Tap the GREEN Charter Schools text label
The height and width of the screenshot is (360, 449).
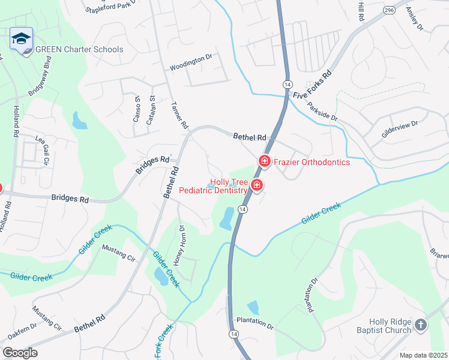(x=79, y=50)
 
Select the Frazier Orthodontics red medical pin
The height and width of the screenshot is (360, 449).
(x=264, y=161)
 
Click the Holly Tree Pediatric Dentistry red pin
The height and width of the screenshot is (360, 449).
(x=257, y=185)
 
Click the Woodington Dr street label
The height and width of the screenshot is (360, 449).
(x=191, y=58)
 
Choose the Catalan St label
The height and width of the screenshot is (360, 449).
(x=152, y=107)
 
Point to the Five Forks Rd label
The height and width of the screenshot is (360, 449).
(x=313, y=85)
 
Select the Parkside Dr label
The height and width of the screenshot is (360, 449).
(x=323, y=112)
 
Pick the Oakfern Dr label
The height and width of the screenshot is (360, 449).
(x=20, y=331)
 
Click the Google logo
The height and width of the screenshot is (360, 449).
(x=20, y=352)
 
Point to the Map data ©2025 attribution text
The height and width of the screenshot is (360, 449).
(x=423, y=355)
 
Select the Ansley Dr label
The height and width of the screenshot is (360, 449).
(x=415, y=19)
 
